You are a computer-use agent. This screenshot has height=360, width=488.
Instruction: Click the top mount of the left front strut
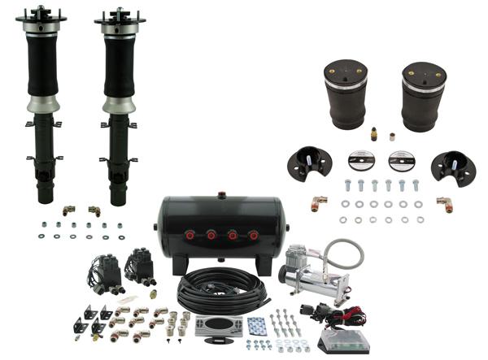41,15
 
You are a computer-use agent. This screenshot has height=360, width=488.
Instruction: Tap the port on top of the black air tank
220,195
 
